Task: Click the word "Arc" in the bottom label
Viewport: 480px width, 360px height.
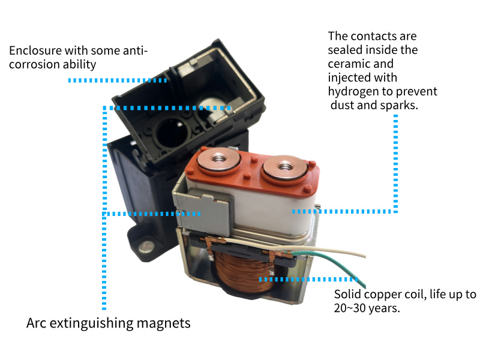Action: click(37, 323)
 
